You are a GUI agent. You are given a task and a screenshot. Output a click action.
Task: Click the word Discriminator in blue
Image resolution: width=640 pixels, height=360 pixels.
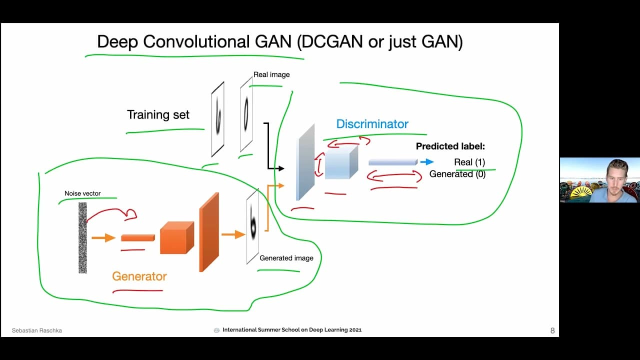click(x=372, y=124)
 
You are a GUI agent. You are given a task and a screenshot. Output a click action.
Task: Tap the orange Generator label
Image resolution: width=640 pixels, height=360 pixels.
click(x=139, y=276)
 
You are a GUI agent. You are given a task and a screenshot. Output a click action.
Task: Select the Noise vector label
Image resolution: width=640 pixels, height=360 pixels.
click(x=82, y=193)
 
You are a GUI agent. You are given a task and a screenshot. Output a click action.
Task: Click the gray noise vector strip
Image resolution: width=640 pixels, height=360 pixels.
click(x=82, y=237)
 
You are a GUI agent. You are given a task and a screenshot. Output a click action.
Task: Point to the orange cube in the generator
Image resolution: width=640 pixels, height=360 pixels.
click(x=176, y=238)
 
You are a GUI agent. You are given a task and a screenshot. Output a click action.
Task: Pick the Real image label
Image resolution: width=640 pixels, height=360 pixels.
click(x=271, y=74)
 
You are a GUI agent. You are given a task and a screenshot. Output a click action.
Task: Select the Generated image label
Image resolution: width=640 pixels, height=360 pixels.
click(x=286, y=258)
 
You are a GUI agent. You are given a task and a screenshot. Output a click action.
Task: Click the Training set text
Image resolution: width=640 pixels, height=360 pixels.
click(x=158, y=114)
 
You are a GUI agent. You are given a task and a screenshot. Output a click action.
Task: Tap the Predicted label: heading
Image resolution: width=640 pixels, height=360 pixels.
click(x=450, y=146)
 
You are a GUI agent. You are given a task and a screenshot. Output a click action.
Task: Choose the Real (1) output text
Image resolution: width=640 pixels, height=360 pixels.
click(x=469, y=162)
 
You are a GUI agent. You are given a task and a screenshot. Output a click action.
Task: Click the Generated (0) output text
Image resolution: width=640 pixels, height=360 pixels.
click(x=457, y=174)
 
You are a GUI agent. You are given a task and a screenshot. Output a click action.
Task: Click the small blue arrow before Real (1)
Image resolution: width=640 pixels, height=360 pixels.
click(x=426, y=162)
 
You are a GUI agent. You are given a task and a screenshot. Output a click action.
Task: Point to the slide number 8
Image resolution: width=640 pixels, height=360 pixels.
click(x=552, y=330)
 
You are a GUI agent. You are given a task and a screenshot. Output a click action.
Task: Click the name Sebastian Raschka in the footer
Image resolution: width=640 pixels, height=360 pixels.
click(x=37, y=330)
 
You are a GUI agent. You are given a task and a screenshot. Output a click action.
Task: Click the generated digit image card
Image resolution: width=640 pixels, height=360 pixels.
click(x=252, y=226)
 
